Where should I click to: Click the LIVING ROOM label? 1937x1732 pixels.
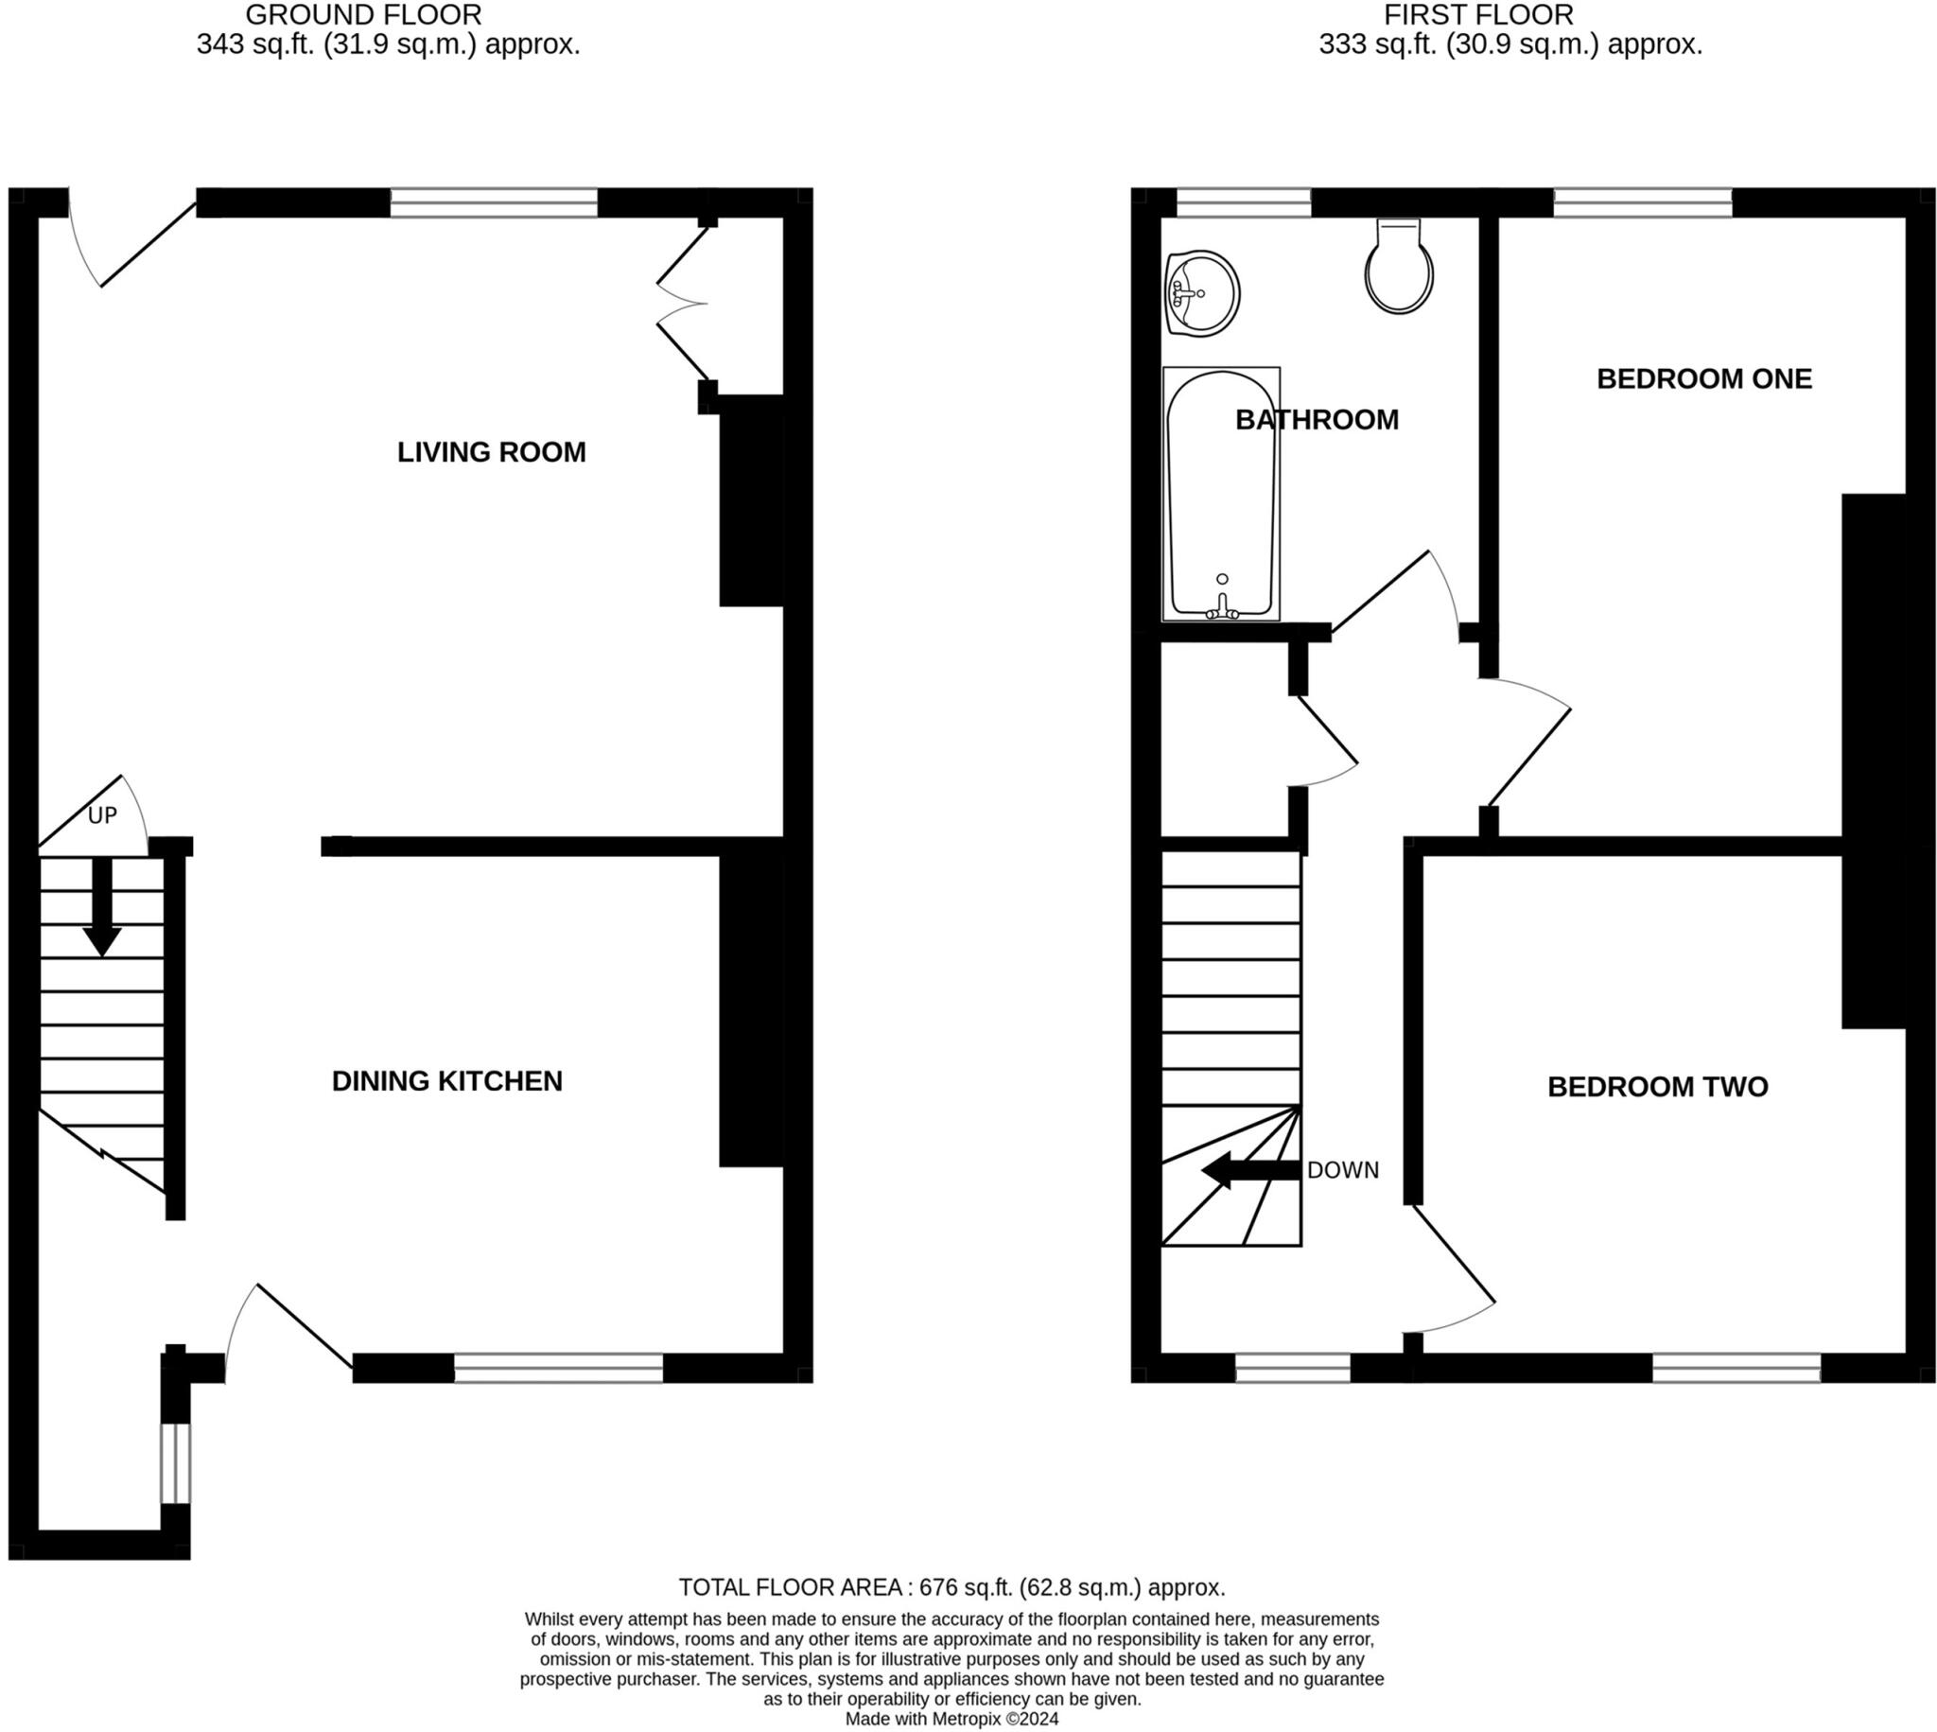(491, 452)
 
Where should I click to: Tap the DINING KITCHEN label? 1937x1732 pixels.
(447, 1081)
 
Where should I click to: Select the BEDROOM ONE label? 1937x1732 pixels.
(1704, 378)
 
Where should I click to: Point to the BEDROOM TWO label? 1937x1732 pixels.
(1657, 1087)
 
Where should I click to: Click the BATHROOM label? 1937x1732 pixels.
(1317, 420)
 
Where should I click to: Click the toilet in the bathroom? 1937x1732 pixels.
(1399, 269)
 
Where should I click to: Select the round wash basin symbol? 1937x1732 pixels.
(1201, 293)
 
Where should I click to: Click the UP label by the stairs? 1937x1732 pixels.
(102, 815)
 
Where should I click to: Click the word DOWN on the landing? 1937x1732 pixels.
(1342, 1170)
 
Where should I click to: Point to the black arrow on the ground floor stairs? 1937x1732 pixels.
(102, 906)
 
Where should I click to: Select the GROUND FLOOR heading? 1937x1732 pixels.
(363, 15)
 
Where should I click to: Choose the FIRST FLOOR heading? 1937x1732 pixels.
(1478, 15)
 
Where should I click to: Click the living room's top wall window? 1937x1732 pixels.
(494, 202)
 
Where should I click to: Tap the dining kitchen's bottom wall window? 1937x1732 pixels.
(558, 1369)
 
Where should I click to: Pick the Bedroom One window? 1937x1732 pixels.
(1643, 202)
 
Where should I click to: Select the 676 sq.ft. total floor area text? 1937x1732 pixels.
(951, 1587)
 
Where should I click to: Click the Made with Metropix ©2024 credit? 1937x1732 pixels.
(951, 1720)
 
